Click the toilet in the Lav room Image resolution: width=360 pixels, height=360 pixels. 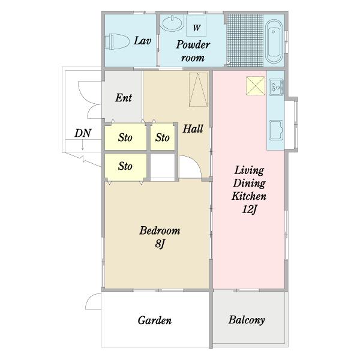(x=116, y=41)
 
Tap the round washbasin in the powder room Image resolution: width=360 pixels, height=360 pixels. (x=173, y=23)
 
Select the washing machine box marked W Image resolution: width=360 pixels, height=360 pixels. (x=196, y=26)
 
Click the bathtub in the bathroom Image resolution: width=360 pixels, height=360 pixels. (x=274, y=41)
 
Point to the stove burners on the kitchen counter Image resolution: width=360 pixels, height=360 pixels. (x=276, y=87)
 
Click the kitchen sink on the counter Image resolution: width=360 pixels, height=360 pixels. (x=276, y=130)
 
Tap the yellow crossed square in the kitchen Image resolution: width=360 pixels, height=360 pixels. (x=256, y=86)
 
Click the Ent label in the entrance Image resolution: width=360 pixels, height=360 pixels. (x=124, y=98)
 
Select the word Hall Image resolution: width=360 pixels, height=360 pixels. (x=193, y=128)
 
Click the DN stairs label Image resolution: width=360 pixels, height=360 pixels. (x=83, y=133)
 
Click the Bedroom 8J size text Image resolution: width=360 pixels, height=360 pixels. (x=160, y=244)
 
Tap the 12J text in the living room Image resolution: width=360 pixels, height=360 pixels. (x=249, y=209)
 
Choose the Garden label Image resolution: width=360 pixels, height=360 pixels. (x=155, y=320)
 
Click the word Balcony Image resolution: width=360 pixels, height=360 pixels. (x=247, y=320)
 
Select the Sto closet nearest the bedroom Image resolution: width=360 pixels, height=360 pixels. (x=125, y=166)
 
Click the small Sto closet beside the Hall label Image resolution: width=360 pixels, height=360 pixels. (x=163, y=137)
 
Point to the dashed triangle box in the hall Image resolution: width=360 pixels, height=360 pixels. (x=198, y=90)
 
